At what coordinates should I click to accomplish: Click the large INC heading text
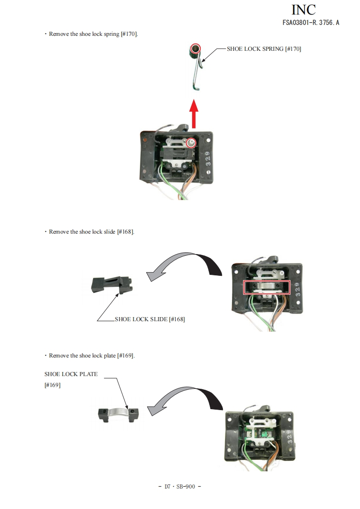tap(303, 10)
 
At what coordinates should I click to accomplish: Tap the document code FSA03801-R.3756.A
tap(311, 23)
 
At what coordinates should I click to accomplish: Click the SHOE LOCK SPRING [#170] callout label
tap(264, 49)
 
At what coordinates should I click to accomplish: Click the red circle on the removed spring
tap(195, 48)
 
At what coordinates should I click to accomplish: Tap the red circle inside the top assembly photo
tap(192, 143)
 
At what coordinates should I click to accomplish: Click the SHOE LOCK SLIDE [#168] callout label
tap(149, 319)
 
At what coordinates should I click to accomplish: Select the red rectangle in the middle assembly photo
tap(266, 287)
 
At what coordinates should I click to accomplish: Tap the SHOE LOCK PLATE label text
tap(71, 374)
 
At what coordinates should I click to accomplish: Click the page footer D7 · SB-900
tap(180, 486)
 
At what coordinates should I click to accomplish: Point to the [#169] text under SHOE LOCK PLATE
tap(53, 385)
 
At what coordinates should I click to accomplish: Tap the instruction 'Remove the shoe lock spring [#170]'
tap(93, 34)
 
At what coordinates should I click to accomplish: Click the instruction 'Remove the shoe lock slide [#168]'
tap(91, 232)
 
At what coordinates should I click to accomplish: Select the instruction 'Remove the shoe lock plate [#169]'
tap(92, 355)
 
